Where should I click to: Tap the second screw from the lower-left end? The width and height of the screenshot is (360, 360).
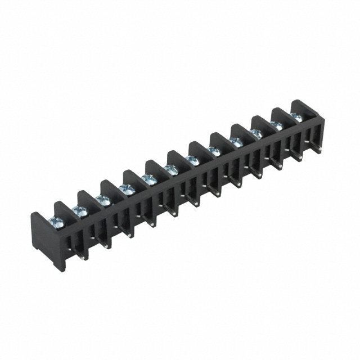coord(80,211)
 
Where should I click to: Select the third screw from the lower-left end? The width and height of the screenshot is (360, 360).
coord(103,199)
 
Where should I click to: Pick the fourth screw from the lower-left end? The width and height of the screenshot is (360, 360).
coord(127,188)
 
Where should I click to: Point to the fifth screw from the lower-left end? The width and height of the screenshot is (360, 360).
coord(150,178)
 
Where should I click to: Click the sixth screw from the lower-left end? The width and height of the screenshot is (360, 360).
coord(172,168)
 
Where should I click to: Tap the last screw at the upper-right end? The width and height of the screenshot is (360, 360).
coord(296,116)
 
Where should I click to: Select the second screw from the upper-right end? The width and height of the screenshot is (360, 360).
coord(277,124)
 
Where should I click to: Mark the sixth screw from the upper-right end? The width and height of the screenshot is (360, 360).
coord(193,159)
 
